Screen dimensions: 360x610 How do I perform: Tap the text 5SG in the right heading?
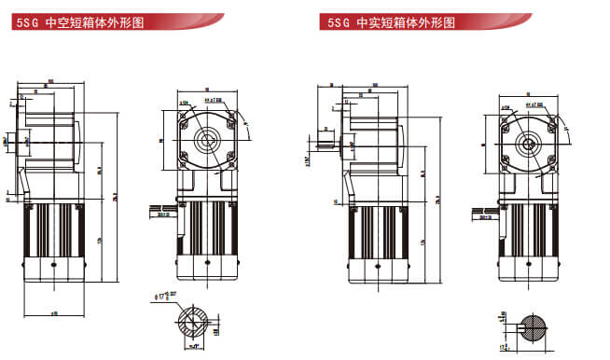pos(334,21)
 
